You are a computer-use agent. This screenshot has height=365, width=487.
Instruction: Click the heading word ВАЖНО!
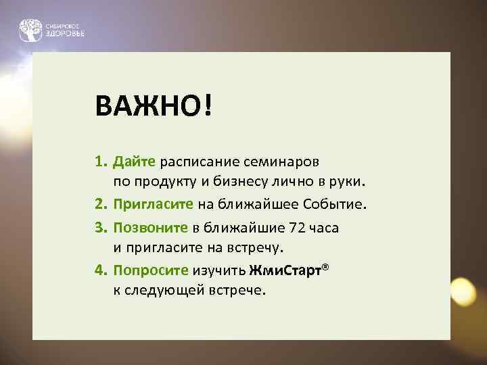point(154,106)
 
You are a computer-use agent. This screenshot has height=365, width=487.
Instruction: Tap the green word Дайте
point(135,162)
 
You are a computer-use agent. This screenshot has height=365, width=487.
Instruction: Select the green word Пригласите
point(154,204)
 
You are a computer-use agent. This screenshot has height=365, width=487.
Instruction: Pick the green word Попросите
point(151,270)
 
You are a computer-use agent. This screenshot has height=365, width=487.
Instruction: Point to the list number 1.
point(100,162)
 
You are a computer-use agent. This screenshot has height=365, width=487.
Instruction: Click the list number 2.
point(100,204)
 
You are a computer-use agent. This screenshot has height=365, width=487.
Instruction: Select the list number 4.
point(100,270)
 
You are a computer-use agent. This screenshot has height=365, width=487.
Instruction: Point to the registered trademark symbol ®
point(325,267)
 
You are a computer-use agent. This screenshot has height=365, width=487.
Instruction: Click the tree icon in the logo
point(29,30)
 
